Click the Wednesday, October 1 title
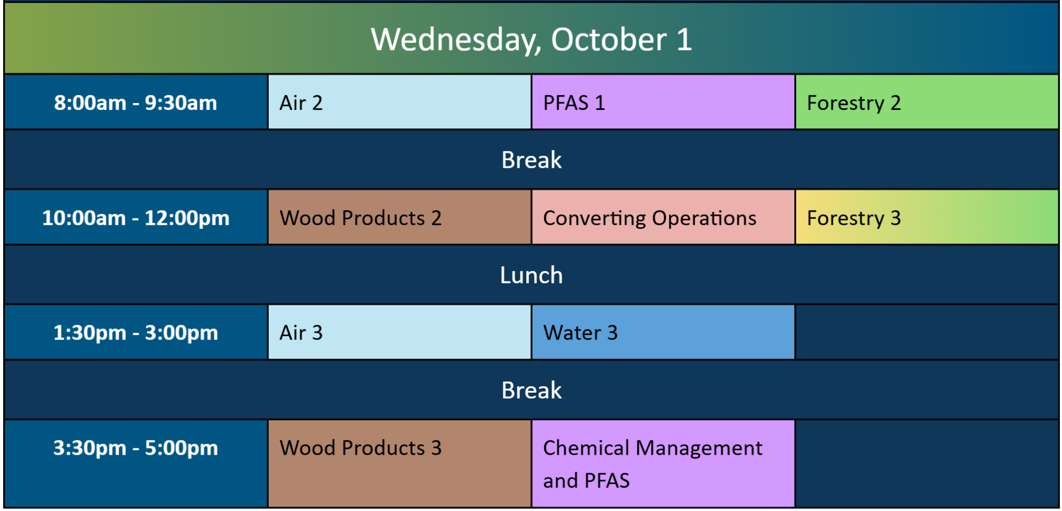click(x=531, y=40)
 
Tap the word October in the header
click(x=609, y=39)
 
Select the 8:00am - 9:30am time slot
click(x=135, y=102)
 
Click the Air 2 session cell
click(x=399, y=102)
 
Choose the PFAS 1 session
click(x=663, y=102)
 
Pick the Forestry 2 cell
click(x=927, y=102)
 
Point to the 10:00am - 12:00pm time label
click(x=135, y=218)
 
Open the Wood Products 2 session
click(x=399, y=218)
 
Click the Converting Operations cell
click(x=663, y=218)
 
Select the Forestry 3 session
click(x=927, y=218)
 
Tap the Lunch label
click(x=531, y=275)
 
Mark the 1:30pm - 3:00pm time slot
click(x=135, y=333)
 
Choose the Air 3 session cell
click(x=399, y=333)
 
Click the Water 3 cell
click(x=663, y=333)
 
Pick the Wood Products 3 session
click(x=399, y=463)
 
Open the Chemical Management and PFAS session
click(x=663, y=463)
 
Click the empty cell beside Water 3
click(x=927, y=333)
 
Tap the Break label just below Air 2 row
click(x=532, y=160)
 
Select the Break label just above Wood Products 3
click(x=532, y=390)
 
